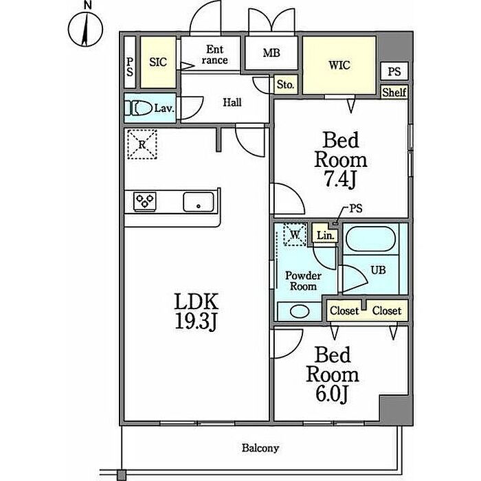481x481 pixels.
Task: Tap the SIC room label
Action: (x=158, y=62)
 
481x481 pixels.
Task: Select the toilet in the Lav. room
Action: (x=138, y=108)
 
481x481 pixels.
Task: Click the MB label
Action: (x=271, y=53)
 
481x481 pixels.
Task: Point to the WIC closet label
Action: (x=339, y=65)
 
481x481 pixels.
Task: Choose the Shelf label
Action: (x=394, y=92)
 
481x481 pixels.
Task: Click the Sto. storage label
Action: (x=285, y=85)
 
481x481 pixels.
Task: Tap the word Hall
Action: (x=232, y=102)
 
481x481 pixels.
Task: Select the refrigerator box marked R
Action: (x=142, y=144)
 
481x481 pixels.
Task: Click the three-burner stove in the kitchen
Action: (x=145, y=201)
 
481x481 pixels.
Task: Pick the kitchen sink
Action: (x=198, y=201)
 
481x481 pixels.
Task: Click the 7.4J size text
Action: (x=340, y=179)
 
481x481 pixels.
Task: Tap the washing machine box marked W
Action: (x=295, y=235)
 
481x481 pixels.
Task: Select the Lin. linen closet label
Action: (x=325, y=236)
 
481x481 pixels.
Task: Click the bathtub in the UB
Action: (x=370, y=239)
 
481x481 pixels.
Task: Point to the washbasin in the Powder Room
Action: (x=300, y=312)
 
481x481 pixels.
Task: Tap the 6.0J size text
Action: (x=331, y=394)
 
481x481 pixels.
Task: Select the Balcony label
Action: (x=260, y=448)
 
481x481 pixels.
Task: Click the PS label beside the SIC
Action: (x=130, y=67)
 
